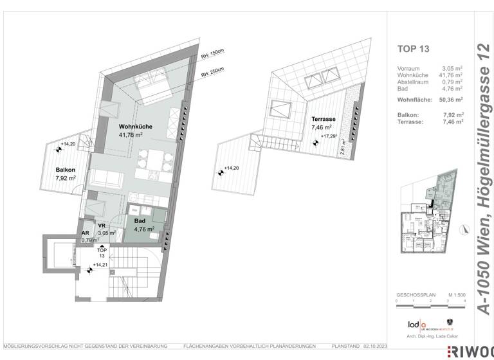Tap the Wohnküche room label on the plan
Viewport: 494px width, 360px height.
[135, 127]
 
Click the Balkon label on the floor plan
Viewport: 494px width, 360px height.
[66, 170]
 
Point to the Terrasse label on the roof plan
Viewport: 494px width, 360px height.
[323, 120]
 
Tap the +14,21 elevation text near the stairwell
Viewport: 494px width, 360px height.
[100, 264]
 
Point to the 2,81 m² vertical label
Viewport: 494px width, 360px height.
[343, 147]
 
